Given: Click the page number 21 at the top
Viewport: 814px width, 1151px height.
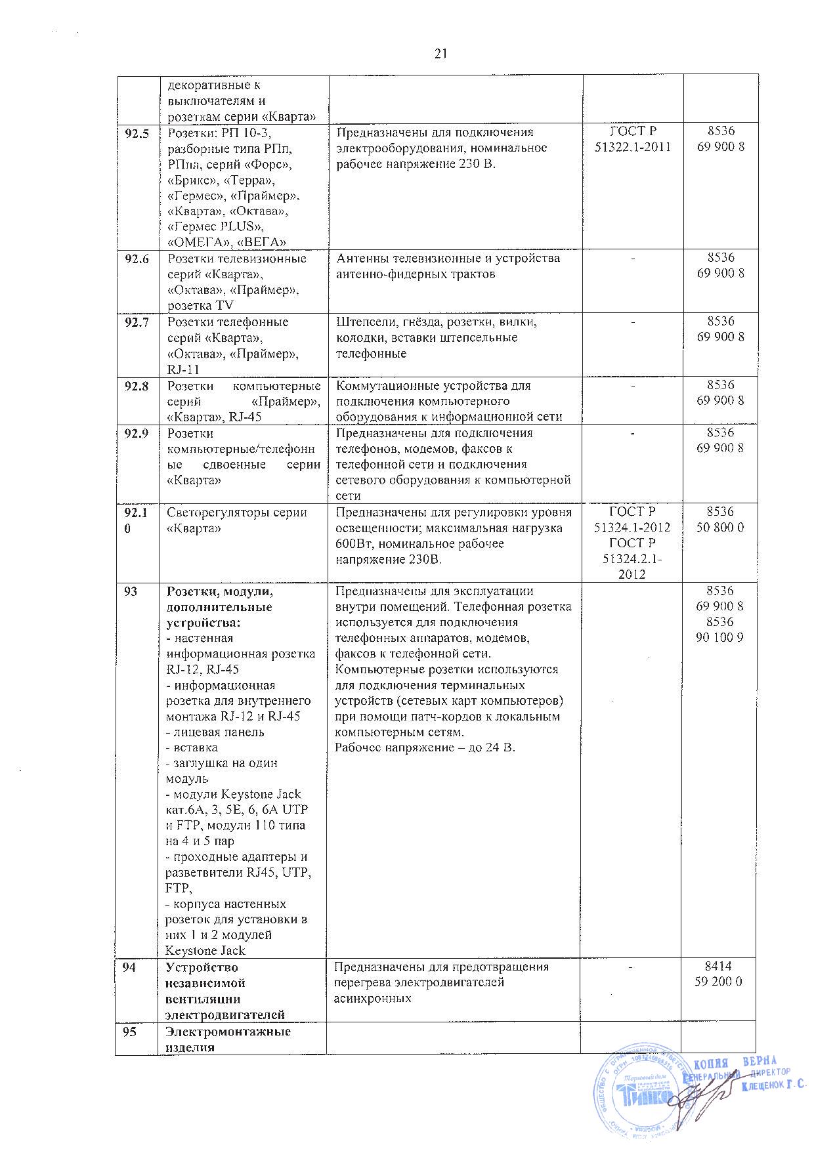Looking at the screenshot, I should point(440,54).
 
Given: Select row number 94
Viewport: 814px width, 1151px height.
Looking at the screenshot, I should point(131,968).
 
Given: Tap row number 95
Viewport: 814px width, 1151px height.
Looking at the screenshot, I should point(131,1032).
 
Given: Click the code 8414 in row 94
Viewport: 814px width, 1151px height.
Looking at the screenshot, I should point(719,967).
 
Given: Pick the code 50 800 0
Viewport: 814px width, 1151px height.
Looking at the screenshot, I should point(719,528).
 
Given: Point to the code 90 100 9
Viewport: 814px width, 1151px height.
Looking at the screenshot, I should point(719,637).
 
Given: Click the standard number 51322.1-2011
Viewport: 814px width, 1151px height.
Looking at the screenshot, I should point(633,148).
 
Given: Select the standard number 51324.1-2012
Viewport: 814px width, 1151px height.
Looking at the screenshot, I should point(633,528).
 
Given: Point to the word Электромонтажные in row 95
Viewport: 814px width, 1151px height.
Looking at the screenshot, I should point(228,1032).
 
